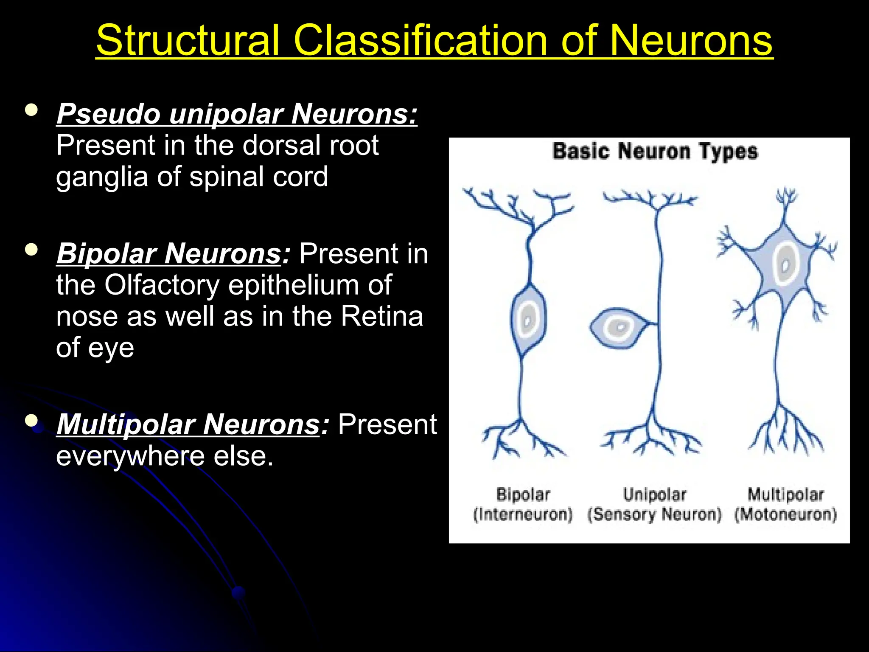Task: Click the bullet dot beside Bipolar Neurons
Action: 31,249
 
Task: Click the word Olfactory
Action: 162,285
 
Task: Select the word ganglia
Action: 102,177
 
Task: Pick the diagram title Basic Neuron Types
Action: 655,152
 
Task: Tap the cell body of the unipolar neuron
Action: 619,328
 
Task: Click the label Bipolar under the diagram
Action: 523,495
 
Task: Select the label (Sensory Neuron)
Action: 654,514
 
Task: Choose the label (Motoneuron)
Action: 785,514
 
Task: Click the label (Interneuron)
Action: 523,514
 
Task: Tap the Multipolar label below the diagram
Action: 785,495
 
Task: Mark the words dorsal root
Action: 310,145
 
